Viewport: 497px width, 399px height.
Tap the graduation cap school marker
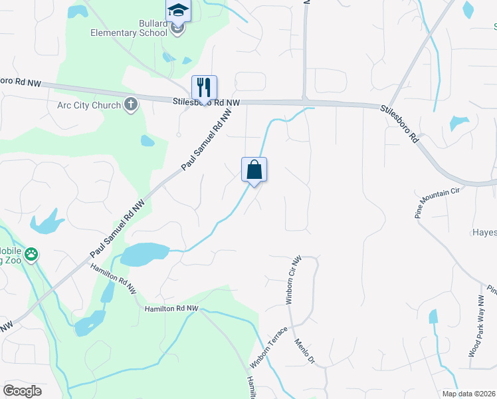coord(177,10)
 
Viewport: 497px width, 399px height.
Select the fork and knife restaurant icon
coord(204,87)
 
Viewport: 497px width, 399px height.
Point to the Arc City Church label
coord(89,104)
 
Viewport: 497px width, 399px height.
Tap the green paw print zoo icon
coord(31,253)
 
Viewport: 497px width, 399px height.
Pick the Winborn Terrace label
coord(269,347)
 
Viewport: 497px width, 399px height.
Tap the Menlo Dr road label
coord(304,350)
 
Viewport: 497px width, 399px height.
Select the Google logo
coord(22,391)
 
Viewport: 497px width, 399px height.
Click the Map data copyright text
coord(468,394)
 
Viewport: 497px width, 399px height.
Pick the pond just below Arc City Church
coord(148,140)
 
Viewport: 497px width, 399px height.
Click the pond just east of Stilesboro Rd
coord(459,123)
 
